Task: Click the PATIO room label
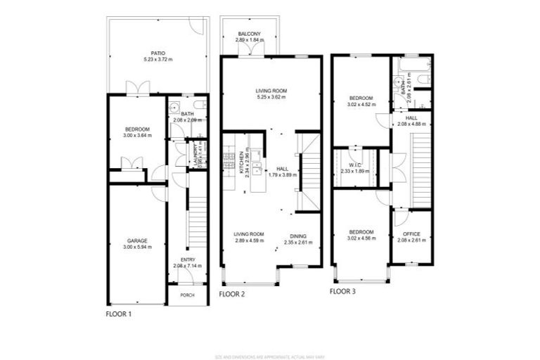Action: [x=157, y=52]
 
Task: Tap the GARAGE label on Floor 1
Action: [x=137, y=240]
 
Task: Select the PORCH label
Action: [x=187, y=295]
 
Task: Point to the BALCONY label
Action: [x=249, y=34]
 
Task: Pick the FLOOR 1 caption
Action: [x=119, y=314]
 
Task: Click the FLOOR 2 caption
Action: [x=232, y=294]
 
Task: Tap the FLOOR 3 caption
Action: [x=342, y=290]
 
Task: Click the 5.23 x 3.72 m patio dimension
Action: [x=157, y=59]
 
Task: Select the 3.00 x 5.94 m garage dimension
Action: [x=137, y=247]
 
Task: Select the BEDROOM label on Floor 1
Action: [x=137, y=129]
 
